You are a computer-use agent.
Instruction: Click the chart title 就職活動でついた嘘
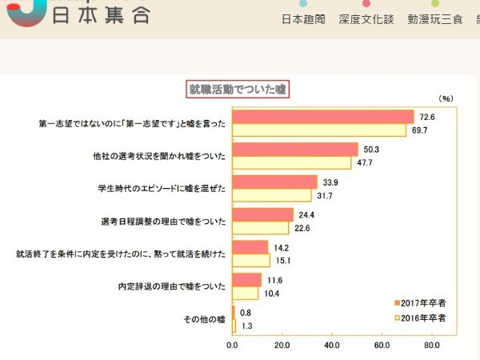[237, 89]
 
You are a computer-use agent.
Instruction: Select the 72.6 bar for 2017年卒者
[322, 117]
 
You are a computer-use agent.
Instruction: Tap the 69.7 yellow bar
[319, 130]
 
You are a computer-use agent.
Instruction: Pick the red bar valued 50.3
[295, 150]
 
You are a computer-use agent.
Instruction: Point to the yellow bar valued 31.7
[272, 195]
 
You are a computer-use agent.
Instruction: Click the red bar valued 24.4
[262, 214]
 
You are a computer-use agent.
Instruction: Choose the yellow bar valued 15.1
[251, 260]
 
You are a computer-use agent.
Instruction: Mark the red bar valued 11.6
[246, 280]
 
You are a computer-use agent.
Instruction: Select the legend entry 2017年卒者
[422, 302]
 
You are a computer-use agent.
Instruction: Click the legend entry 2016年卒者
[422, 318]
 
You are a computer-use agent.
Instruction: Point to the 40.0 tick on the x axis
[332, 346]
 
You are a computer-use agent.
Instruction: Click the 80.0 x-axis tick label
[432, 346]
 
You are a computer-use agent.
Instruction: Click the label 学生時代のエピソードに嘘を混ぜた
[161, 189]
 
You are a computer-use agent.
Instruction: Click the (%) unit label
[446, 98]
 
